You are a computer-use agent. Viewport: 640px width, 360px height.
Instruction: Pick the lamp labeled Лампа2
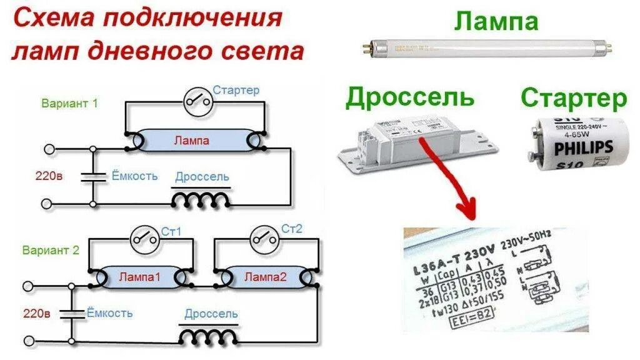point(264,276)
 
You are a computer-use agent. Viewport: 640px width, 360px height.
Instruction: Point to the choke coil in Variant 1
point(201,199)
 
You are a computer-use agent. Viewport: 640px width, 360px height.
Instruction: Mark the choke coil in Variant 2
point(209,336)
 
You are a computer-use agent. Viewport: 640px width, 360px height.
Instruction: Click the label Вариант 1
point(69,104)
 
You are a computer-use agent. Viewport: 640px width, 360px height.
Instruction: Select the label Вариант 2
point(51,251)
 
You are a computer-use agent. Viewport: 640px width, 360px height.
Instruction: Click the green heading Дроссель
point(409,97)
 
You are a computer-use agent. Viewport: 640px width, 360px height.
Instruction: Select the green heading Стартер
point(573,98)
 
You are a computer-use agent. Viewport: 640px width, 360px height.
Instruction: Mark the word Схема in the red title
point(54,18)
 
